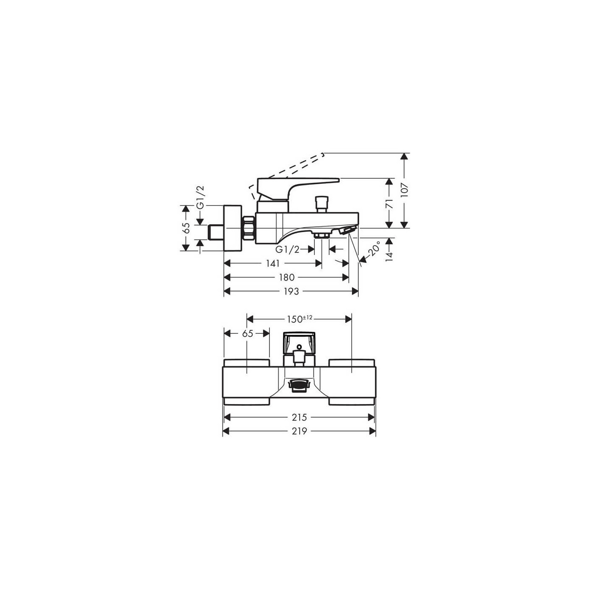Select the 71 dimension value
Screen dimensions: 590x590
(x=389, y=204)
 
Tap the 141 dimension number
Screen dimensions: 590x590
(x=273, y=263)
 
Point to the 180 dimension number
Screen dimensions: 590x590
(x=287, y=277)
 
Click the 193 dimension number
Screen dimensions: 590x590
(x=291, y=291)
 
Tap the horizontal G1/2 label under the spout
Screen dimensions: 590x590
(x=287, y=249)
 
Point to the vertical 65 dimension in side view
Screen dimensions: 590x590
(x=186, y=228)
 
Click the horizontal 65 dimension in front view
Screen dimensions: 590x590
(x=247, y=333)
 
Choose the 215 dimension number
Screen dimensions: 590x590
(x=299, y=417)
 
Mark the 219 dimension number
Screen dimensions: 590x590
(x=299, y=431)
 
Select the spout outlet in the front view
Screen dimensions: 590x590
(x=299, y=384)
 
